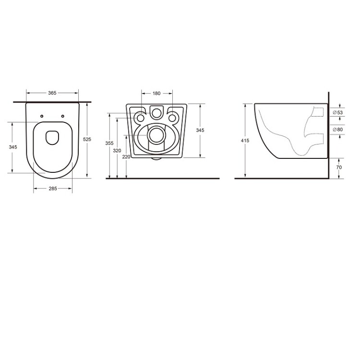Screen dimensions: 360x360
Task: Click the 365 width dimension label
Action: click(52, 93)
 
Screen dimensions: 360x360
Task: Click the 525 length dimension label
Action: click(87, 139)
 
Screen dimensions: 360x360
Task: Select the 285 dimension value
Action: click(53, 189)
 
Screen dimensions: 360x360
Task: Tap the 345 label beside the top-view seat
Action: click(13, 147)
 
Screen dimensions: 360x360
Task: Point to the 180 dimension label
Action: click(156, 93)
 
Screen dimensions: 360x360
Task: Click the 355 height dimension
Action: click(109, 143)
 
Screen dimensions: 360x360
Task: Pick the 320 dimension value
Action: click(117, 151)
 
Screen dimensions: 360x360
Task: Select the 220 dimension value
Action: click(126, 156)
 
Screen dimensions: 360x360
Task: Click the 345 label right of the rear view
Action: click(200, 130)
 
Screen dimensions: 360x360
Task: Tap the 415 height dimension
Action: click(245, 141)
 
